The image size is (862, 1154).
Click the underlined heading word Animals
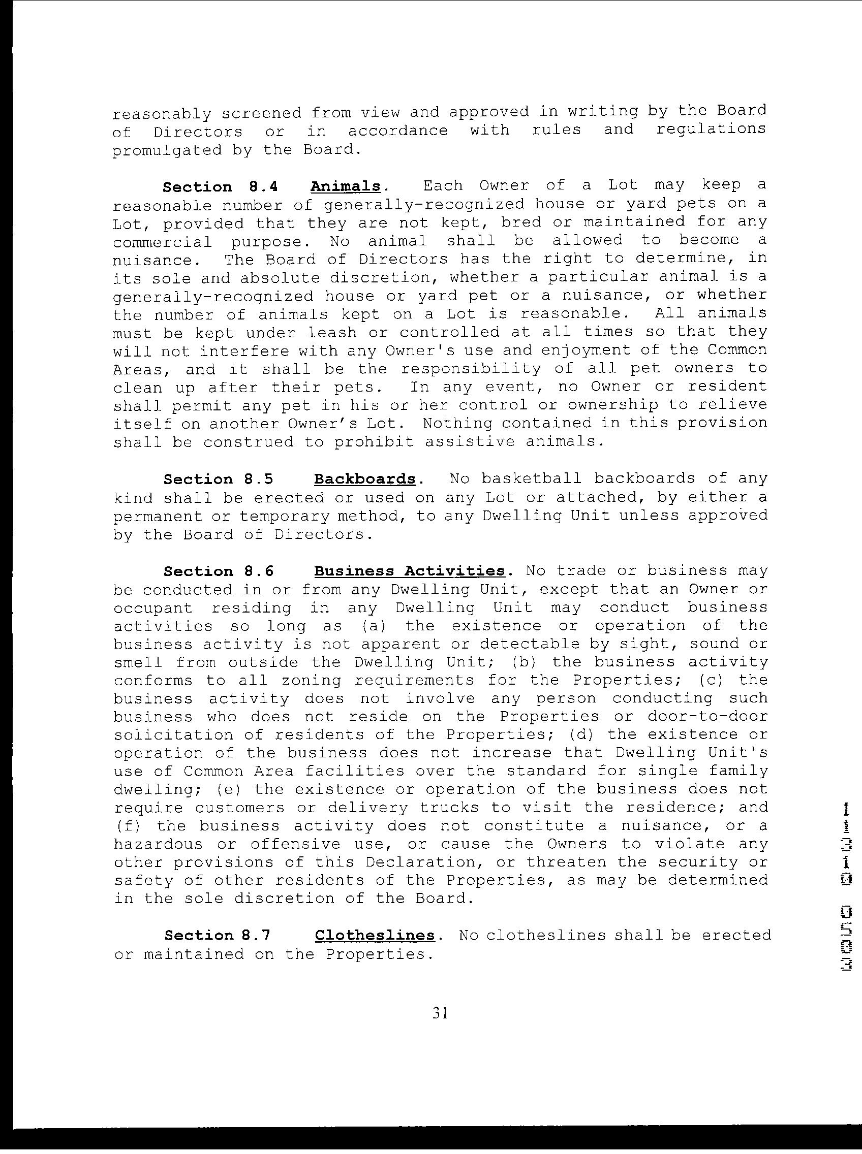pyautogui.click(x=345, y=186)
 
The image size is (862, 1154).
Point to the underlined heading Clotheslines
pyautogui.click(x=375, y=935)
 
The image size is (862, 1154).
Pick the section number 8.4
pyautogui.click(x=260, y=187)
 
